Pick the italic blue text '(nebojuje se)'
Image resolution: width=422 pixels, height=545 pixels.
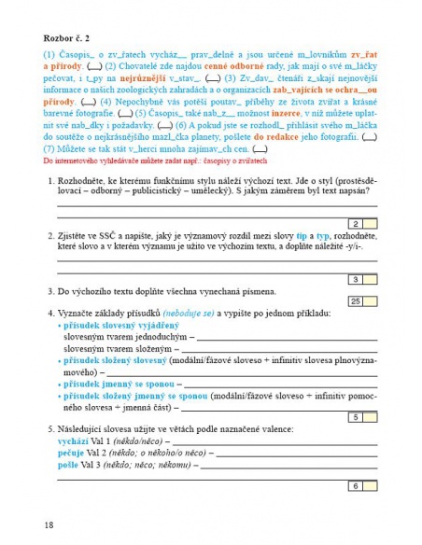[191, 311]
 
